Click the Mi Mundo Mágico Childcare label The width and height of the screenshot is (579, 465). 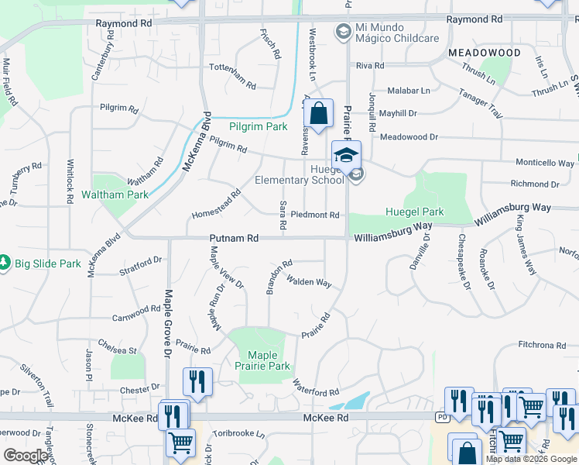click(397, 33)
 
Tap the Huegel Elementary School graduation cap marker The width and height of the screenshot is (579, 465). click(347, 153)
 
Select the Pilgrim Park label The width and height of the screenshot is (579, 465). click(258, 126)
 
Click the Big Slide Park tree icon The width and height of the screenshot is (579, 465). click(5, 263)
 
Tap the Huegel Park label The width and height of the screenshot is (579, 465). click(414, 212)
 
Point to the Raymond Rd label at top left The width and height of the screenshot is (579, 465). click(124, 24)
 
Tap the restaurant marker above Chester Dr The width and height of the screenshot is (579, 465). click(197, 381)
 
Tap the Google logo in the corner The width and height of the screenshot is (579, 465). click(25, 455)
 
